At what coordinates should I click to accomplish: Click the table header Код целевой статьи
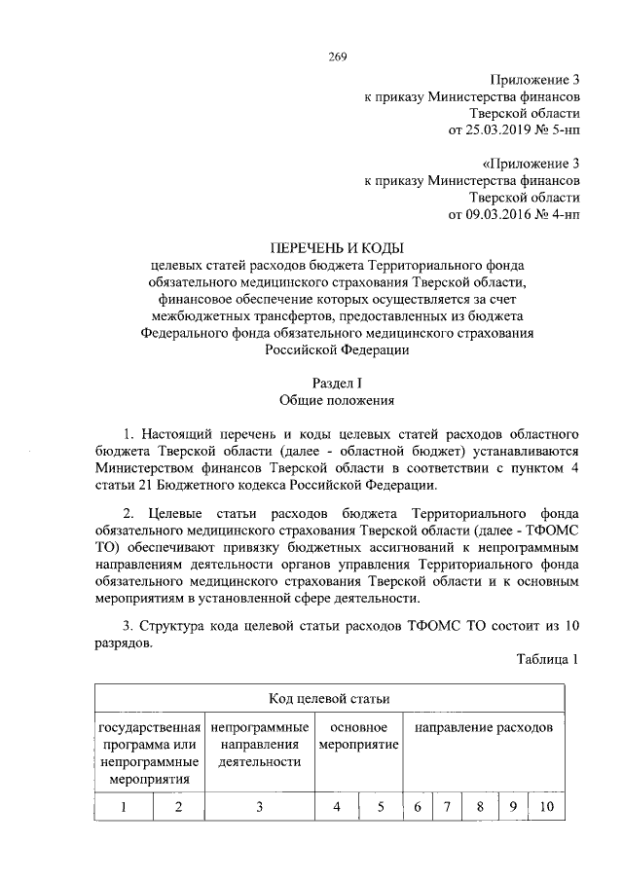coord(329,699)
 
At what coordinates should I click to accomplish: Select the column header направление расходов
coord(484,728)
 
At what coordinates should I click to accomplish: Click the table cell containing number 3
coord(259,806)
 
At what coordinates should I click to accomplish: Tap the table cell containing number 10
coord(545,806)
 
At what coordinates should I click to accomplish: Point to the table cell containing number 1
coord(124,806)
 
